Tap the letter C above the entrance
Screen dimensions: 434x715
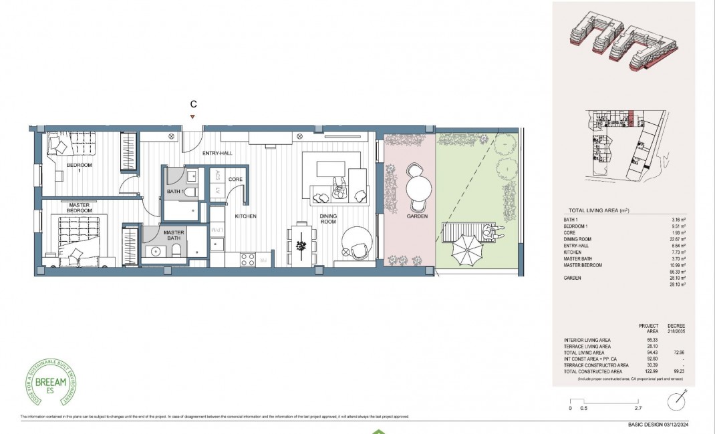tap(193, 104)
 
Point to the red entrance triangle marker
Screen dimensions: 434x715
tap(193, 118)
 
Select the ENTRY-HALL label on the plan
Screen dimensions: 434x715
tap(218, 154)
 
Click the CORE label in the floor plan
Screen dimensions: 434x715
tap(235, 180)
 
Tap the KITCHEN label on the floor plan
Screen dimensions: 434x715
tap(245, 216)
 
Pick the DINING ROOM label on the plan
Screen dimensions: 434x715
tap(328, 220)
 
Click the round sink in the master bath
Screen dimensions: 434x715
tap(156, 254)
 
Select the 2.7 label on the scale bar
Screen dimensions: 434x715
tap(637, 408)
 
